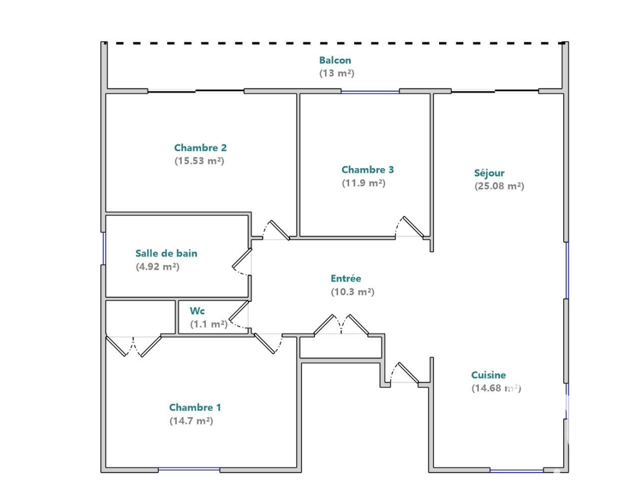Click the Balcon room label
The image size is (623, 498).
tap(335, 60)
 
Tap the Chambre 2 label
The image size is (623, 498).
tap(200, 148)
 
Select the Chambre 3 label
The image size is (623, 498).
tap(368, 170)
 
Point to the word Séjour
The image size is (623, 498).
tap(489, 173)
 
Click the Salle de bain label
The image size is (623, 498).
tap(166, 253)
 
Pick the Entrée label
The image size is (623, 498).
tap(346, 279)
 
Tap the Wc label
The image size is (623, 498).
tap(197, 311)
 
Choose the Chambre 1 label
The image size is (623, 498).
tap(195, 407)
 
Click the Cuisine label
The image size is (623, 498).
tap(489, 375)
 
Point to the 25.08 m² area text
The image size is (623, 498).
tap(499, 186)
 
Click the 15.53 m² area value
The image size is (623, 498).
tap(199, 161)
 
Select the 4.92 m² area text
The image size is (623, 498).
tap(158, 267)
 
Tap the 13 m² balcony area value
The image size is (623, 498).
tap(336, 73)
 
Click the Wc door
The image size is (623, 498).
tap(239, 314)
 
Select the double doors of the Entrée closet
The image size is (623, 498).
tap(341, 324)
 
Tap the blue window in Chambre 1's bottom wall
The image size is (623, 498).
tap(189, 470)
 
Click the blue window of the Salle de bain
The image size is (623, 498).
tap(104, 248)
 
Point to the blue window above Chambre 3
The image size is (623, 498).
tap(370, 92)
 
